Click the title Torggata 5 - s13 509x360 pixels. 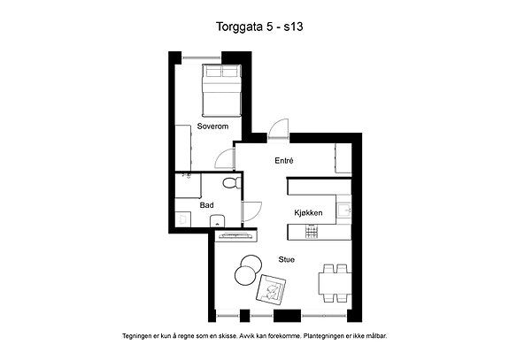[x=259, y=27]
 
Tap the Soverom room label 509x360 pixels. [x=212, y=126]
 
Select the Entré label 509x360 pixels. [x=284, y=160]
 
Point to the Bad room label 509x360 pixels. [x=206, y=205]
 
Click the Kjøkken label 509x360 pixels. [x=308, y=213]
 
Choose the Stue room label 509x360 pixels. [x=286, y=259]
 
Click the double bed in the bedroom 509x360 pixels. [x=222, y=90]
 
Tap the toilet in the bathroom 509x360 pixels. [x=232, y=183]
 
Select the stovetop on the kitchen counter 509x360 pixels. [x=312, y=232]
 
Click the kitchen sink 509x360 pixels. [x=343, y=210]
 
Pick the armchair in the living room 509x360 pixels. [x=271, y=289]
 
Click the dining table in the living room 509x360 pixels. [x=335, y=283]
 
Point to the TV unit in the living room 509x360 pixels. [x=235, y=236]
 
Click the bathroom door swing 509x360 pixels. [x=252, y=211]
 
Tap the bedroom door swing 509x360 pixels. [x=225, y=159]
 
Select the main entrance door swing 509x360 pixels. [x=278, y=130]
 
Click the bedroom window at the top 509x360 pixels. [x=201, y=57]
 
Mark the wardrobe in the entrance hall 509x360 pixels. [x=343, y=158]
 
